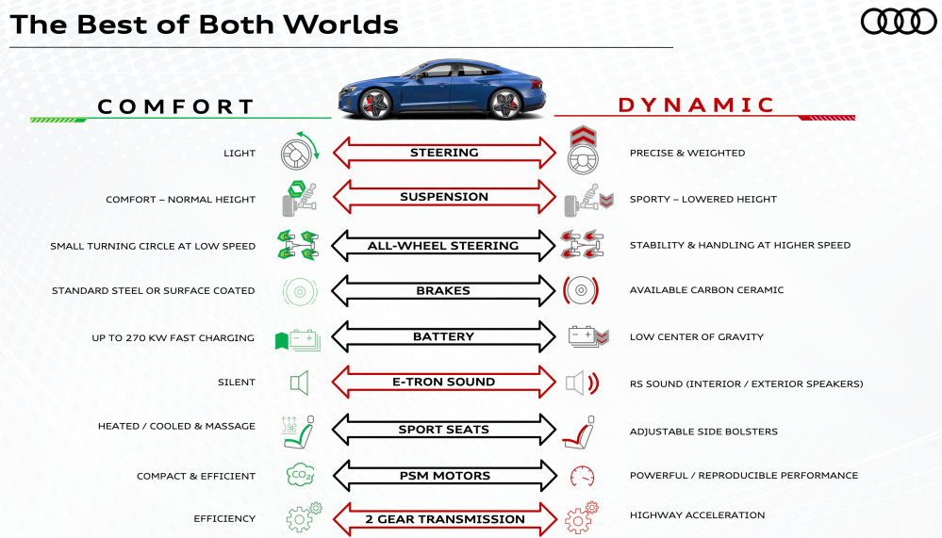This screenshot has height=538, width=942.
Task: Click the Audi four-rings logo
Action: pos(898,22)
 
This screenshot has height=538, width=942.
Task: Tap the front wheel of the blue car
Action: pos(374,104)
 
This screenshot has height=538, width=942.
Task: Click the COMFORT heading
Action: pos(176,106)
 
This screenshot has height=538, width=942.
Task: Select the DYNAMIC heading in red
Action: pos(697,106)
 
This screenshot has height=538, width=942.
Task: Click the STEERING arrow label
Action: pos(444,153)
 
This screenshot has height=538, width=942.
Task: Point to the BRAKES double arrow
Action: pos(443,291)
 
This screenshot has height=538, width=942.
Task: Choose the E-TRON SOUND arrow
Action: pos(443,383)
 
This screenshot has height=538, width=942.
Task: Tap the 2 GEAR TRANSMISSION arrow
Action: pos(444,519)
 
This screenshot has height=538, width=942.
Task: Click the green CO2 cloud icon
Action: pos(300,475)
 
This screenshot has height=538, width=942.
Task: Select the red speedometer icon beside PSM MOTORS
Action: pos(582,475)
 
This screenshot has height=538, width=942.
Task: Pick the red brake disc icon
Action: pos(581,291)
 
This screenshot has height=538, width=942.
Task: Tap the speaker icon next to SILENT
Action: pos(299,383)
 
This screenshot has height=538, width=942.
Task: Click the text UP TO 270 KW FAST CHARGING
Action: pos(174,338)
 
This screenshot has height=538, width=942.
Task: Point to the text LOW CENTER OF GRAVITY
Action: pos(697,337)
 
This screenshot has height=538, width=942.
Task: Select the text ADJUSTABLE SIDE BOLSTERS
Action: pos(703,432)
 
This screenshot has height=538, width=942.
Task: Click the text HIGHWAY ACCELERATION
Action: pos(697,515)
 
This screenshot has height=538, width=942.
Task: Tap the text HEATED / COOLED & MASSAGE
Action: pos(176,427)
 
